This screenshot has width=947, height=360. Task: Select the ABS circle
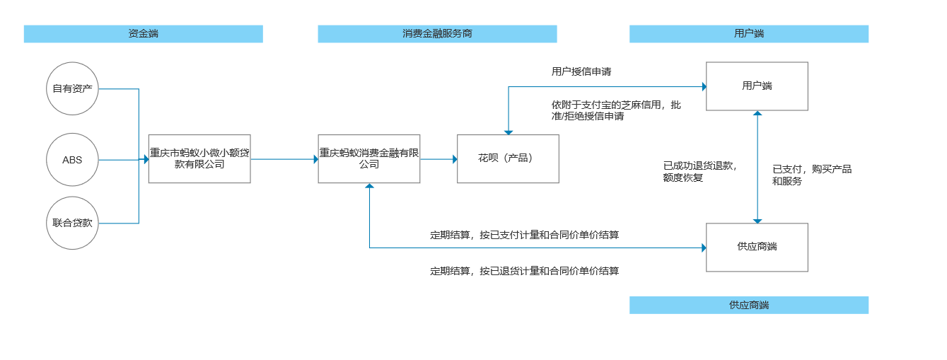[x=72, y=160]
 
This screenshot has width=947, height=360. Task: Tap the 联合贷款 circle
[x=72, y=223]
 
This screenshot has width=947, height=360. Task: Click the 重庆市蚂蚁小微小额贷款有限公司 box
[x=199, y=158]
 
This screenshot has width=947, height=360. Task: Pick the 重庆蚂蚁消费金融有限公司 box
[x=368, y=158]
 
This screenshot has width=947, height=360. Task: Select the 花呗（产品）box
[x=508, y=158]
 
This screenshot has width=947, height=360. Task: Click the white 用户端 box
[x=757, y=86]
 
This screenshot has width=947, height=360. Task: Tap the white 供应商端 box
[x=757, y=247]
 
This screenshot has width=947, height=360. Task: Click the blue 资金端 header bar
[x=143, y=34]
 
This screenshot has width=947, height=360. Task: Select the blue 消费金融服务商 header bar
[x=437, y=34]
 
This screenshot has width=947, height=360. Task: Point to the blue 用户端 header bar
[x=748, y=34]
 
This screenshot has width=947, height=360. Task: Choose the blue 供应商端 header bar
[x=748, y=305]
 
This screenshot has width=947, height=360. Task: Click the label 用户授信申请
[x=581, y=71]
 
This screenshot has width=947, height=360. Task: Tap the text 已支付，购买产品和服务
[x=811, y=175]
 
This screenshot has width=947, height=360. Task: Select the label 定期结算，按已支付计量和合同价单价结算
[x=524, y=235]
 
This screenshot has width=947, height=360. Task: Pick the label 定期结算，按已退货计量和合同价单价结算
[x=524, y=271]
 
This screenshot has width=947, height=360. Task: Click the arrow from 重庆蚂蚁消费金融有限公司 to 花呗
[x=438, y=160]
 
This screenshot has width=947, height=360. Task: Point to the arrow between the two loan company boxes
[x=284, y=160]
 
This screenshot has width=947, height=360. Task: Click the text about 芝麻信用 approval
[x=616, y=110]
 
